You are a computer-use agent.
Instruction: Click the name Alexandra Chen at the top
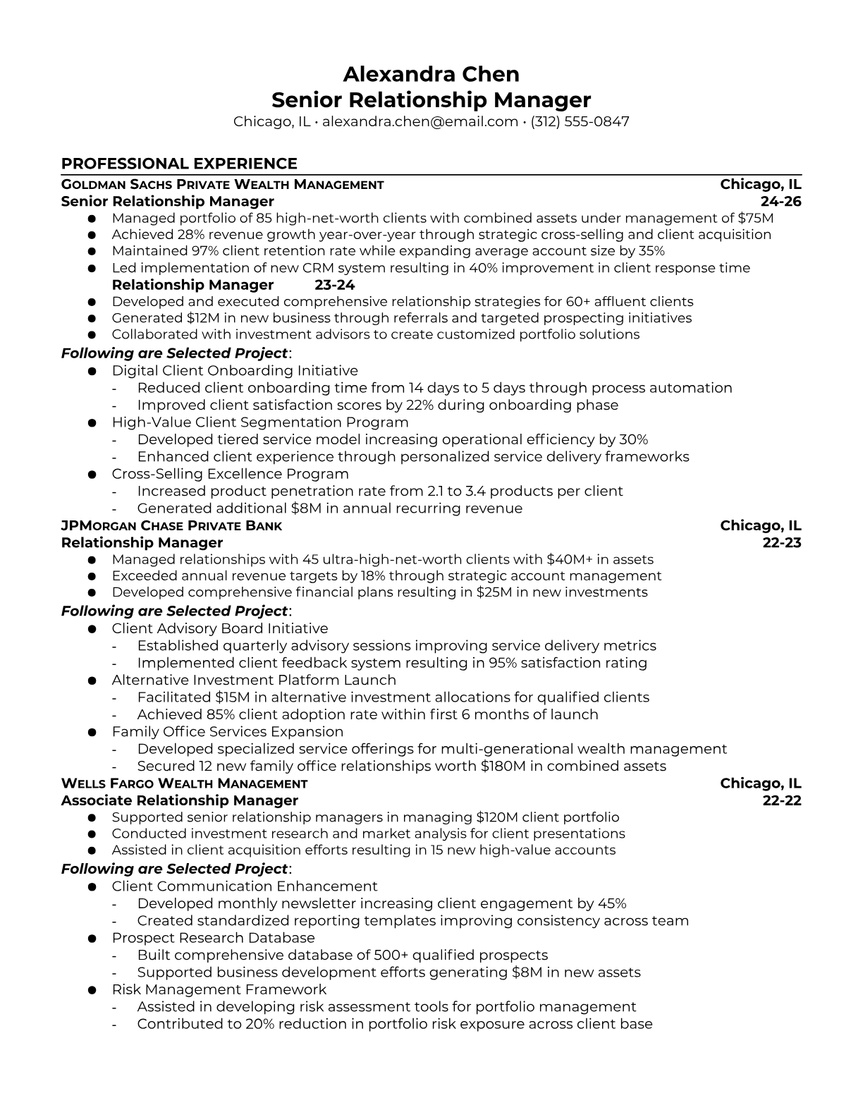click(x=431, y=74)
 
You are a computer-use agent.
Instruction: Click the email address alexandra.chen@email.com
click(x=420, y=121)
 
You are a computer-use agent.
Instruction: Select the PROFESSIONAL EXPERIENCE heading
click(x=179, y=164)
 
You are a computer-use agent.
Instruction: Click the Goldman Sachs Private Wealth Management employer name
click(x=222, y=185)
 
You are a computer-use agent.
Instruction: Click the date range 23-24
click(x=334, y=285)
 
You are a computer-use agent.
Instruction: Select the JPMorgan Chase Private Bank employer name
click(x=171, y=526)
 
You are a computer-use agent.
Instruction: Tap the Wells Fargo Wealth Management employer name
click(x=184, y=783)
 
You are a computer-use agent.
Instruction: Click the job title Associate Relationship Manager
click(x=179, y=800)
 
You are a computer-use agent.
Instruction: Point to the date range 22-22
click(x=782, y=800)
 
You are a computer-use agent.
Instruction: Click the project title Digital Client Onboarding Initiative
click(x=235, y=371)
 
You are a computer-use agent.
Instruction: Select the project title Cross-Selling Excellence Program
click(x=230, y=474)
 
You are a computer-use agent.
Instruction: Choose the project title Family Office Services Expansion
click(x=227, y=732)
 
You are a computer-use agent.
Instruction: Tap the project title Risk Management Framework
click(x=219, y=990)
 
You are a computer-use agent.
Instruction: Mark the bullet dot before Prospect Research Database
click(x=92, y=939)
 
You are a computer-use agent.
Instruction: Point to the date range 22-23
click(x=782, y=543)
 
